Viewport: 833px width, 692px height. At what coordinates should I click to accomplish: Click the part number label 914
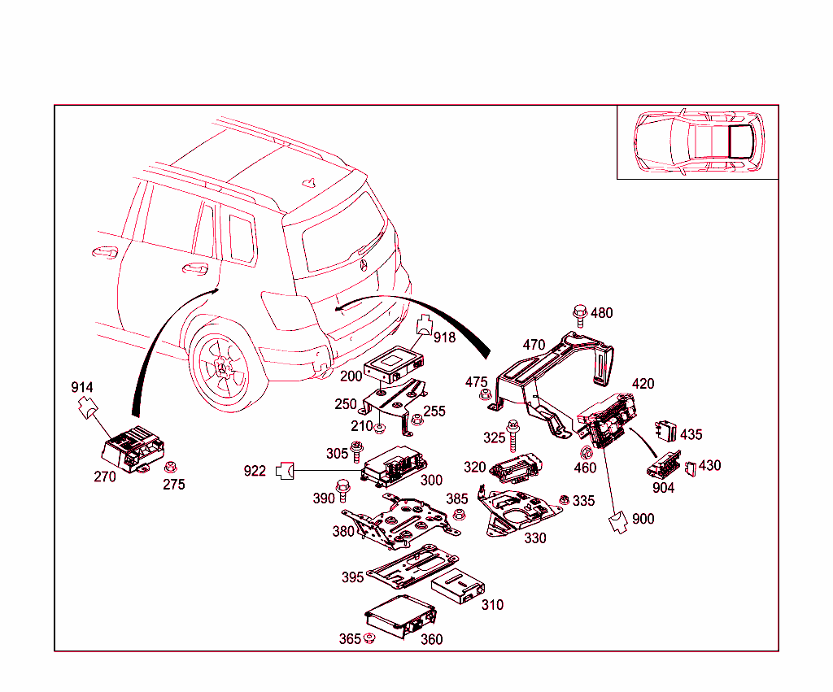(82, 387)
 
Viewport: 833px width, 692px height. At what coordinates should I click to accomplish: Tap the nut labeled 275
(171, 468)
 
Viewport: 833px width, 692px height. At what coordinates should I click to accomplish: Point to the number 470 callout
(534, 345)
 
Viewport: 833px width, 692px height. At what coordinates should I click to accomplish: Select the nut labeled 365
(369, 638)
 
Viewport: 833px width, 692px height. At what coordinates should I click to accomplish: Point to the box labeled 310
(458, 585)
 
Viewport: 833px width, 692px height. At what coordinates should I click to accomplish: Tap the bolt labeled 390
(342, 490)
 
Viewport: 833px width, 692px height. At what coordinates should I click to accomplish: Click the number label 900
(643, 519)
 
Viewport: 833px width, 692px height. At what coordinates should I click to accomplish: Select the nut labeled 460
(585, 452)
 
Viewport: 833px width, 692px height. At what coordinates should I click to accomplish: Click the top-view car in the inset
(698, 141)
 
